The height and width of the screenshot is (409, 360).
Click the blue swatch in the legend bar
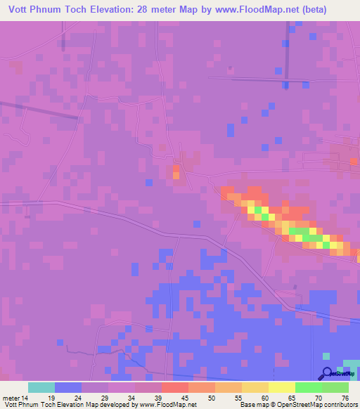coord(68,387)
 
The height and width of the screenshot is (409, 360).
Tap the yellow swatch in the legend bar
coord(281,387)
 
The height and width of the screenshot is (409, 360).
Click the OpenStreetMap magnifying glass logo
coord(326,374)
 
